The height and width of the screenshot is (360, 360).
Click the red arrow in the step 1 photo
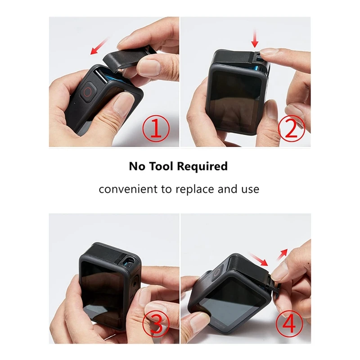coord(100,46)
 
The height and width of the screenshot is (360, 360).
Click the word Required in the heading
coord(202,166)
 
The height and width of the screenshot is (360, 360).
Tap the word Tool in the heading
coord(159,166)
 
